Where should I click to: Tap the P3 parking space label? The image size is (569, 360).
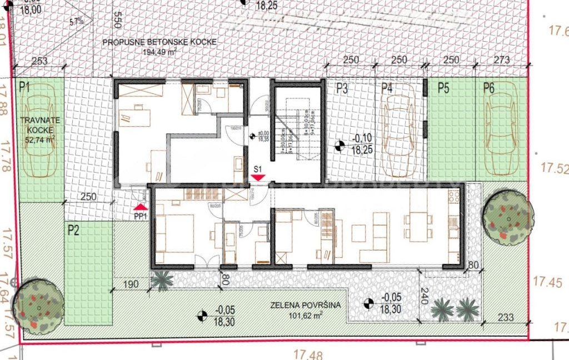point(341,87)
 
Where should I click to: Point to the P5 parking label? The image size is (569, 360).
point(443,87)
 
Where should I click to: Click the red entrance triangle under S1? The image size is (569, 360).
point(258,177)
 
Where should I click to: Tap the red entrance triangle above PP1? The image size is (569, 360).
point(140,206)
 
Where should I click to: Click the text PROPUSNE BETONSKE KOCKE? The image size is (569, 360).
point(159,42)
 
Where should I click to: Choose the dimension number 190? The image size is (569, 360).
point(131,284)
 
